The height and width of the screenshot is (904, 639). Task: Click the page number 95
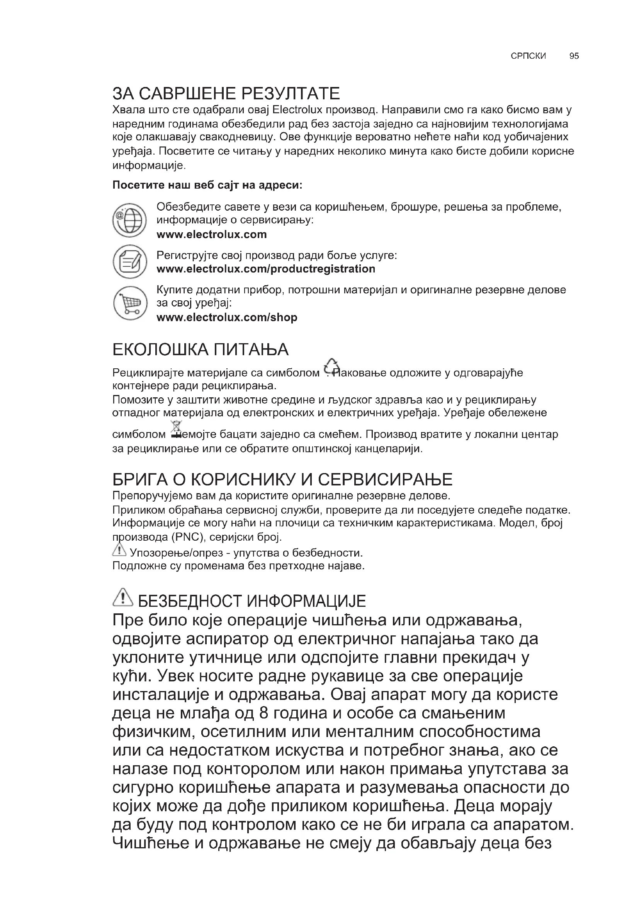tap(574, 56)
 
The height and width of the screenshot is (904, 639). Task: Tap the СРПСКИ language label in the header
tap(528, 56)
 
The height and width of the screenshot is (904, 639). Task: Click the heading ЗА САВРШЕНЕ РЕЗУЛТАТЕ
tap(226, 94)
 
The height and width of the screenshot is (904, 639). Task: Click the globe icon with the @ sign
tap(129, 220)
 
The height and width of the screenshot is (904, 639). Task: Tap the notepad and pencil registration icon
tap(129, 262)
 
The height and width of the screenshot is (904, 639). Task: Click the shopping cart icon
tap(129, 303)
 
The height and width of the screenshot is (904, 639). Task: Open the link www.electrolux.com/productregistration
tap(265, 269)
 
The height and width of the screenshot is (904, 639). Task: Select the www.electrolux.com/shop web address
tap(227, 317)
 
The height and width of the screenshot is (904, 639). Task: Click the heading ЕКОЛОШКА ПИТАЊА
tap(200, 350)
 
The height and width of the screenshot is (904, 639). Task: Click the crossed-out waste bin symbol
tap(176, 429)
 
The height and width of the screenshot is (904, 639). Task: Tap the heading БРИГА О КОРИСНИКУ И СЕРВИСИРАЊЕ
tap(282, 480)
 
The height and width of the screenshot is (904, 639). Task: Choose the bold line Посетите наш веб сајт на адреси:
tap(207, 185)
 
